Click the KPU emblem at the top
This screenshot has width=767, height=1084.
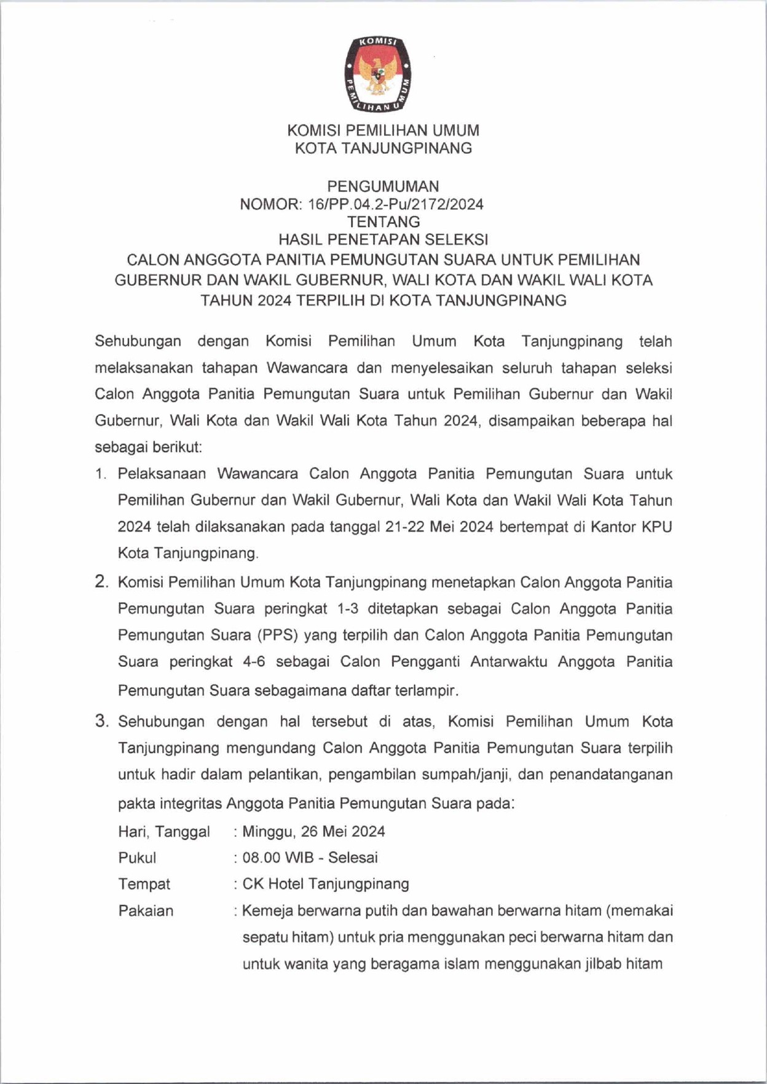pos(377,74)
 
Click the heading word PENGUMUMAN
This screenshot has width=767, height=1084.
pos(383,186)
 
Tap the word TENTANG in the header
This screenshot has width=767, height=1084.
pos(383,221)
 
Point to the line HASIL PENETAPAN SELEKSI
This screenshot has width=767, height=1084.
pos(383,239)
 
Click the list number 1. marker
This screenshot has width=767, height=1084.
pos(101,474)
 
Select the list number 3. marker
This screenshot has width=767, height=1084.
pos(101,721)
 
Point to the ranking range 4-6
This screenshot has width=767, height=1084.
pos(253,662)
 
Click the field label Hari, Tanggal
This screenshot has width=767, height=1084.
pos(164,832)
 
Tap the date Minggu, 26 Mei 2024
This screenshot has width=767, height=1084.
pos(314,832)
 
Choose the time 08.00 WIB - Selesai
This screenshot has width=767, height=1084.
pos(310,858)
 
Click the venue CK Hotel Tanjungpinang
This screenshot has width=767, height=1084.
pos(326,884)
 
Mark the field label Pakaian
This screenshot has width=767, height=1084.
pos(146,911)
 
